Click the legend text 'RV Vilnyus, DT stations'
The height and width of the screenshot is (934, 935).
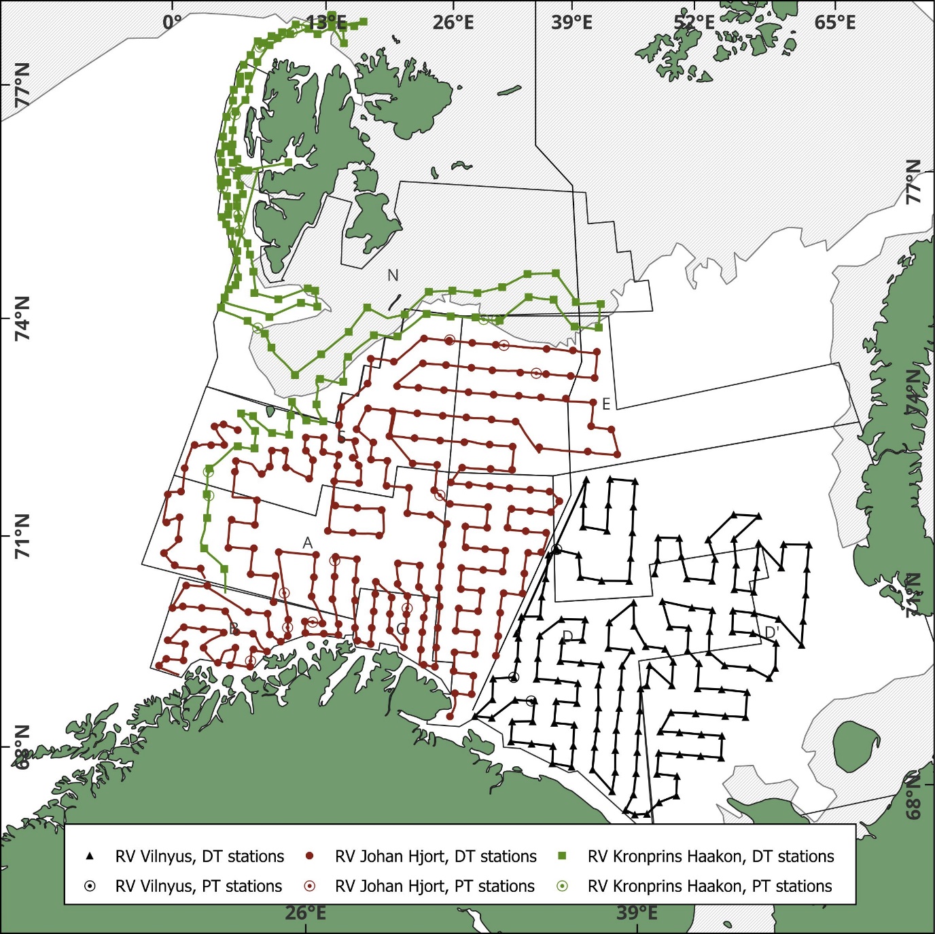click(199, 857)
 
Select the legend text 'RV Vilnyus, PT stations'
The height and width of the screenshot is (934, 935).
click(198, 886)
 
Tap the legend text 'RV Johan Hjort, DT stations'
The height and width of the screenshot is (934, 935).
click(436, 857)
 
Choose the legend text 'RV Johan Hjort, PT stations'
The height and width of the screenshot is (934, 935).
click(435, 886)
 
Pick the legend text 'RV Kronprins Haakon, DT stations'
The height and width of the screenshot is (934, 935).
click(711, 857)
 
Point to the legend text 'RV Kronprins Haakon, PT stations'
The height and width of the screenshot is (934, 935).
click(709, 886)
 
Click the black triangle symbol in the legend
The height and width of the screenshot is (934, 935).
click(90, 856)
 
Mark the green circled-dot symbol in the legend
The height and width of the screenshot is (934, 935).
click(563, 886)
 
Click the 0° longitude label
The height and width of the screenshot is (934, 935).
click(173, 22)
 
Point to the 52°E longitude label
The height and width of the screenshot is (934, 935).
click(694, 22)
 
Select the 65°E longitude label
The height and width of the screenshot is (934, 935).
click(835, 22)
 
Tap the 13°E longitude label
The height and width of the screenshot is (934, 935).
click(327, 22)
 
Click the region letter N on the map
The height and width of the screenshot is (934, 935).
click(393, 275)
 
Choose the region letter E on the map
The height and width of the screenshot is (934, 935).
click(606, 404)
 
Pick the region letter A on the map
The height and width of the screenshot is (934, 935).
click(307, 543)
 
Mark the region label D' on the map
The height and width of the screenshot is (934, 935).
click(771, 633)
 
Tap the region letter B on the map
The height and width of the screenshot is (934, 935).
click(233, 628)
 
